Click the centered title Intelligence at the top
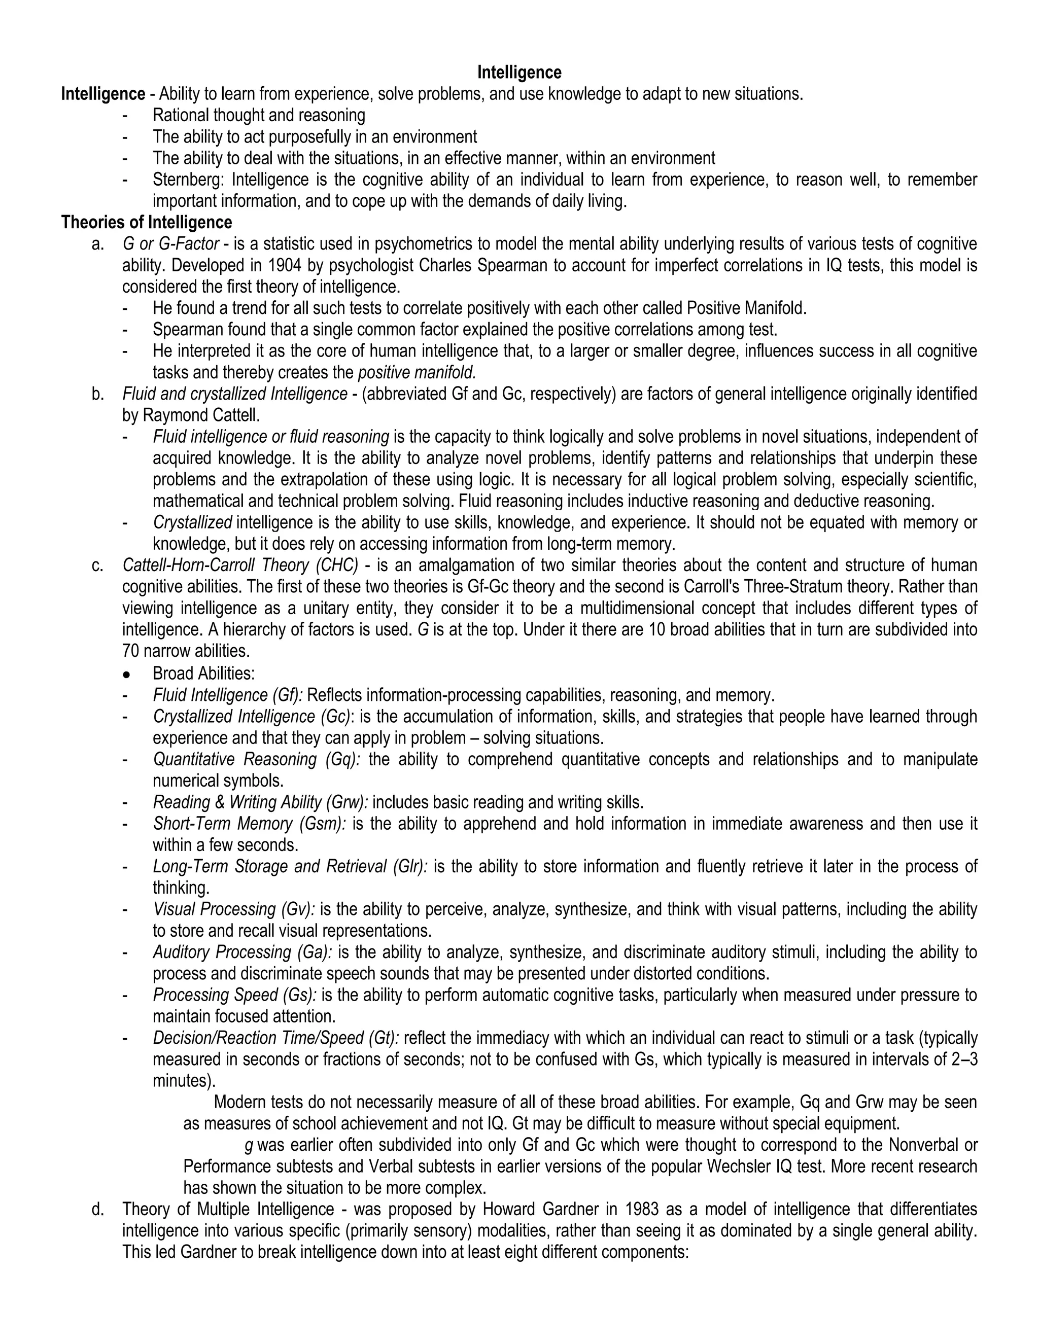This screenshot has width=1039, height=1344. tap(519, 73)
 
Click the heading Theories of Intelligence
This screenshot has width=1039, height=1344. tap(147, 222)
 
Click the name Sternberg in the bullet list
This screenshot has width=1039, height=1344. tap(189, 180)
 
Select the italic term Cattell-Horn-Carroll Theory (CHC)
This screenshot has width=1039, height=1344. tap(240, 565)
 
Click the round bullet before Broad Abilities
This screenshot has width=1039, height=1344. tap(126, 674)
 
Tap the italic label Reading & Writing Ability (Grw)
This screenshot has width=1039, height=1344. tap(260, 802)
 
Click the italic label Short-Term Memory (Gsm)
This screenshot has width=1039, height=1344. tap(249, 823)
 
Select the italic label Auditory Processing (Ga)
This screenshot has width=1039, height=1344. tap(242, 952)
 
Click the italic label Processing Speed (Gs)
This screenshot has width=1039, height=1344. tap(234, 995)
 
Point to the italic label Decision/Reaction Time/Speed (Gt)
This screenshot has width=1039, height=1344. tap(276, 1038)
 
